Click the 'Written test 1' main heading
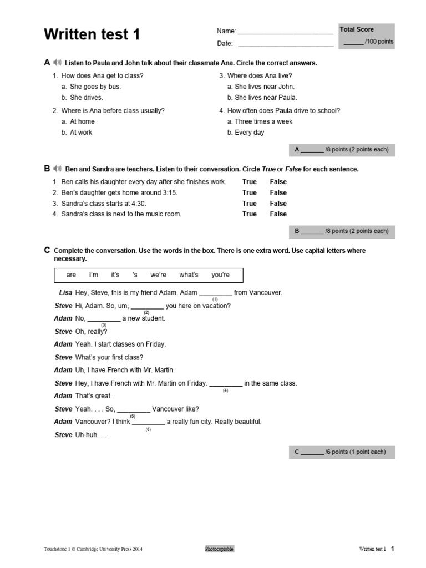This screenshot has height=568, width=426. [92, 35]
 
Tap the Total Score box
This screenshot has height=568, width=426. [367, 36]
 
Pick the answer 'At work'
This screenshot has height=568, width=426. [81, 133]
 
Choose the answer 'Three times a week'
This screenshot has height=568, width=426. [263, 121]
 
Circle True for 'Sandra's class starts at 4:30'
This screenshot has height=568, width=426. [250, 204]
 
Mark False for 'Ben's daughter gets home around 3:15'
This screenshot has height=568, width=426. [278, 192]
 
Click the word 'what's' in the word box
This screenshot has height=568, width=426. [189, 275]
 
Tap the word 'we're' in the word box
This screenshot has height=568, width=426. [158, 275]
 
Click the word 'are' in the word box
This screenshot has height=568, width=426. [71, 275]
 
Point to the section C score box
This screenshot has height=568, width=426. [342, 452]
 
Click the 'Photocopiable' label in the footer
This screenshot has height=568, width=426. [220, 549]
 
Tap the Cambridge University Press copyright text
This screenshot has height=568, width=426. [93, 549]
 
